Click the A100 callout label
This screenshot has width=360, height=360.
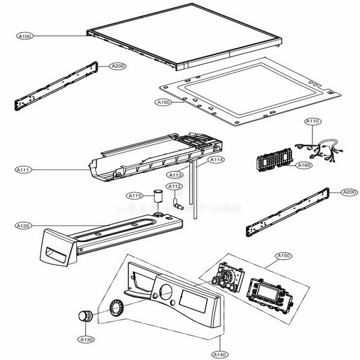(x=25, y=36)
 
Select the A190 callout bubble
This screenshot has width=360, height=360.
(x=164, y=103)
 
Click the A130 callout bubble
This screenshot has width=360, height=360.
(x=86, y=339)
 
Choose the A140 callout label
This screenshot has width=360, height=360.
(x=219, y=355)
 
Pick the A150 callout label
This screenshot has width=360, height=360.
(x=284, y=256)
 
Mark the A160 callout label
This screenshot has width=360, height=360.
(x=303, y=165)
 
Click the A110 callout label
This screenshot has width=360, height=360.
(x=312, y=122)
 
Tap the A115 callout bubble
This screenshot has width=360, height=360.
(x=135, y=196)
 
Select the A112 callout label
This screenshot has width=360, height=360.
(x=175, y=186)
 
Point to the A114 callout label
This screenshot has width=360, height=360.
(x=216, y=159)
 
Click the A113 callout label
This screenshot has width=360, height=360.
(x=175, y=175)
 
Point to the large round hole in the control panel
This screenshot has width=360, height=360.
(x=165, y=291)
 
